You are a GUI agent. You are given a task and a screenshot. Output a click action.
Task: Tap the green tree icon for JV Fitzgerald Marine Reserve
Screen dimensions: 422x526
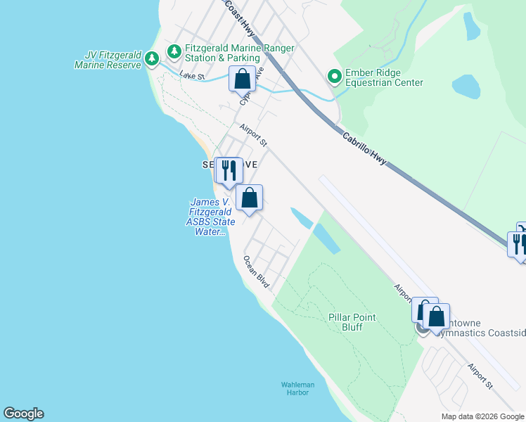pyautogui.click(x=151, y=62)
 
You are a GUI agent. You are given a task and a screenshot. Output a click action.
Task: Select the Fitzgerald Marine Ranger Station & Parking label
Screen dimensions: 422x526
pyautogui.click(x=240, y=52)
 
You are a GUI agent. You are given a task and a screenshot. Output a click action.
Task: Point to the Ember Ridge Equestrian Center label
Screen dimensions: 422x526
pyautogui.click(x=384, y=77)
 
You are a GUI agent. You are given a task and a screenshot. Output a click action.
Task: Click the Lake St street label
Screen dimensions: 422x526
pyautogui.click(x=191, y=75)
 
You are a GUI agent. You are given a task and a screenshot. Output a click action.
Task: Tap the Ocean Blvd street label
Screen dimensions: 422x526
pyautogui.click(x=257, y=271)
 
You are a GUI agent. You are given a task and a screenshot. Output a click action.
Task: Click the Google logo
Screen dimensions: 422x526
pyautogui.click(x=23, y=414)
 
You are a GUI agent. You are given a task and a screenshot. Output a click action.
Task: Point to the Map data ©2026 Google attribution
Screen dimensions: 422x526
pyautogui.click(x=482, y=416)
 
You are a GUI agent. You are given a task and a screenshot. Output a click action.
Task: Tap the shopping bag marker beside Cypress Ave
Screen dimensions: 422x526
pyautogui.click(x=242, y=79)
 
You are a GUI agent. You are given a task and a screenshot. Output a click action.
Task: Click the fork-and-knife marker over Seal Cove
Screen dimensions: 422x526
pyautogui.click(x=228, y=170)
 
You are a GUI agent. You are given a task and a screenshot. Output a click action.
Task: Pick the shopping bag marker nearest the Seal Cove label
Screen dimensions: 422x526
pyautogui.click(x=249, y=198)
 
